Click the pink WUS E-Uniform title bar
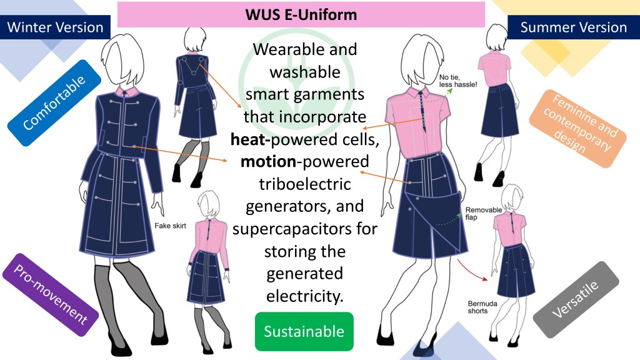pyautogui.click(x=301, y=14)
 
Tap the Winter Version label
pyautogui.click(x=55, y=27)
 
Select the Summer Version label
pyautogui.click(x=573, y=27)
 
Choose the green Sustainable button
pyautogui.click(x=304, y=331)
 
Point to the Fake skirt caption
pyautogui.click(x=167, y=226)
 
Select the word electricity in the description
pyautogui.click(x=304, y=296)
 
